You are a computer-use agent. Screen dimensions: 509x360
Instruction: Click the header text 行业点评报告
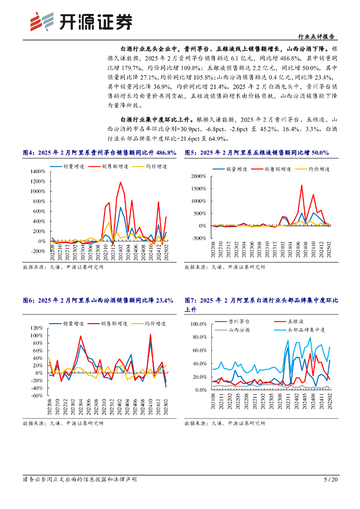315,37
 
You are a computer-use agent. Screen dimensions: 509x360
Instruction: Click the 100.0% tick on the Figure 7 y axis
199,324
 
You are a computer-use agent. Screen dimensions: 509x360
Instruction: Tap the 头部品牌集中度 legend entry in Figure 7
306,330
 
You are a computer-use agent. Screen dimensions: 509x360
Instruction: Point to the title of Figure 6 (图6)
98,300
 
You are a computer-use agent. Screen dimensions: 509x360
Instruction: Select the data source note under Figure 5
225,267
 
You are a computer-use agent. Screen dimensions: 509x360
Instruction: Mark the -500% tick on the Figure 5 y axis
200,238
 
